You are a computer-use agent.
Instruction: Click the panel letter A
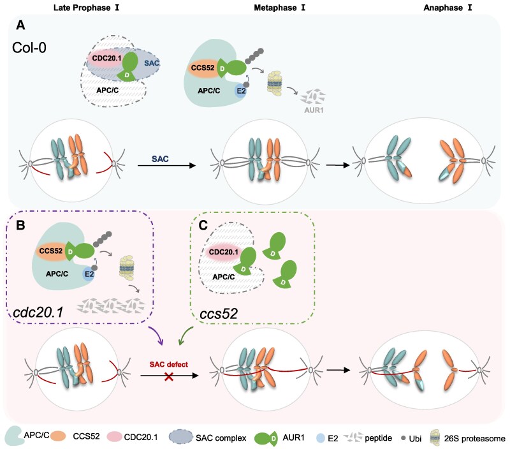[x=20, y=25]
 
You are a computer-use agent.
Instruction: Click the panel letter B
[x=20, y=225]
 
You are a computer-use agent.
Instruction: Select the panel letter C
[x=203, y=225]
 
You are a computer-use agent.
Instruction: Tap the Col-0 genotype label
[x=29, y=48]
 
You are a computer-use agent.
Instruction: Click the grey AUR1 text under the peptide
[x=314, y=110]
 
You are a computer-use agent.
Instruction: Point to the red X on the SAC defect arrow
[x=169, y=377]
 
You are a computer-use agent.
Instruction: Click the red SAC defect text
[x=169, y=364]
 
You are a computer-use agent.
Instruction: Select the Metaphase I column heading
[x=280, y=8]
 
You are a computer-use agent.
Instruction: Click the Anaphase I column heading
[x=448, y=8]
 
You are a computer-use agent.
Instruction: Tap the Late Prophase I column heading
[x=86, y=8]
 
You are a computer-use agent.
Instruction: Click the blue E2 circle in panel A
[x=241, y=91]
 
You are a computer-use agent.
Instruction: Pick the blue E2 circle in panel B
[x=89, y=274]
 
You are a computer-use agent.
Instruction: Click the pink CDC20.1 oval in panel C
[x=223, y=252]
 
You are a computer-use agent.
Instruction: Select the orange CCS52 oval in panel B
[x=51, y=251]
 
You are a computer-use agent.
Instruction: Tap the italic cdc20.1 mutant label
[x=38, y=313]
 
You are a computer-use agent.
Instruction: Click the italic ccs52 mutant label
[x=219, y=314]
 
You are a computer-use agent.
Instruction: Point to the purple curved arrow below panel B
[x=157, y=335]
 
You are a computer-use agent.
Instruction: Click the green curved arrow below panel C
[x=186, y=335]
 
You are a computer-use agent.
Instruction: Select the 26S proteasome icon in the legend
[x=435, y=438]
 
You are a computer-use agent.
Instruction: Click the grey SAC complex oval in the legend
[x=181, y=437]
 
